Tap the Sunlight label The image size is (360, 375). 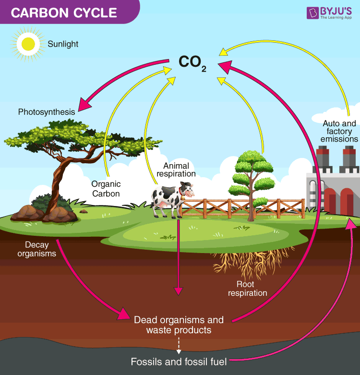(63, 44)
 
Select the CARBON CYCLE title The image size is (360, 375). (64, 12)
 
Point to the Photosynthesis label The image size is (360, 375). (47, 112)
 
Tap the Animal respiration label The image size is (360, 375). (176, 170)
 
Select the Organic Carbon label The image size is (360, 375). (106, 189)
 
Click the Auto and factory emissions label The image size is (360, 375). (339, 131)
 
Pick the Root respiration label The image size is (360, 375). (248, 289)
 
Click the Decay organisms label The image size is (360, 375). (36, 249)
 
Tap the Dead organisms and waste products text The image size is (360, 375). (179, 325)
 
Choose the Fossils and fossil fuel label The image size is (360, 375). (179, 362)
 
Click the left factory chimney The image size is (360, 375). (323, 161)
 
